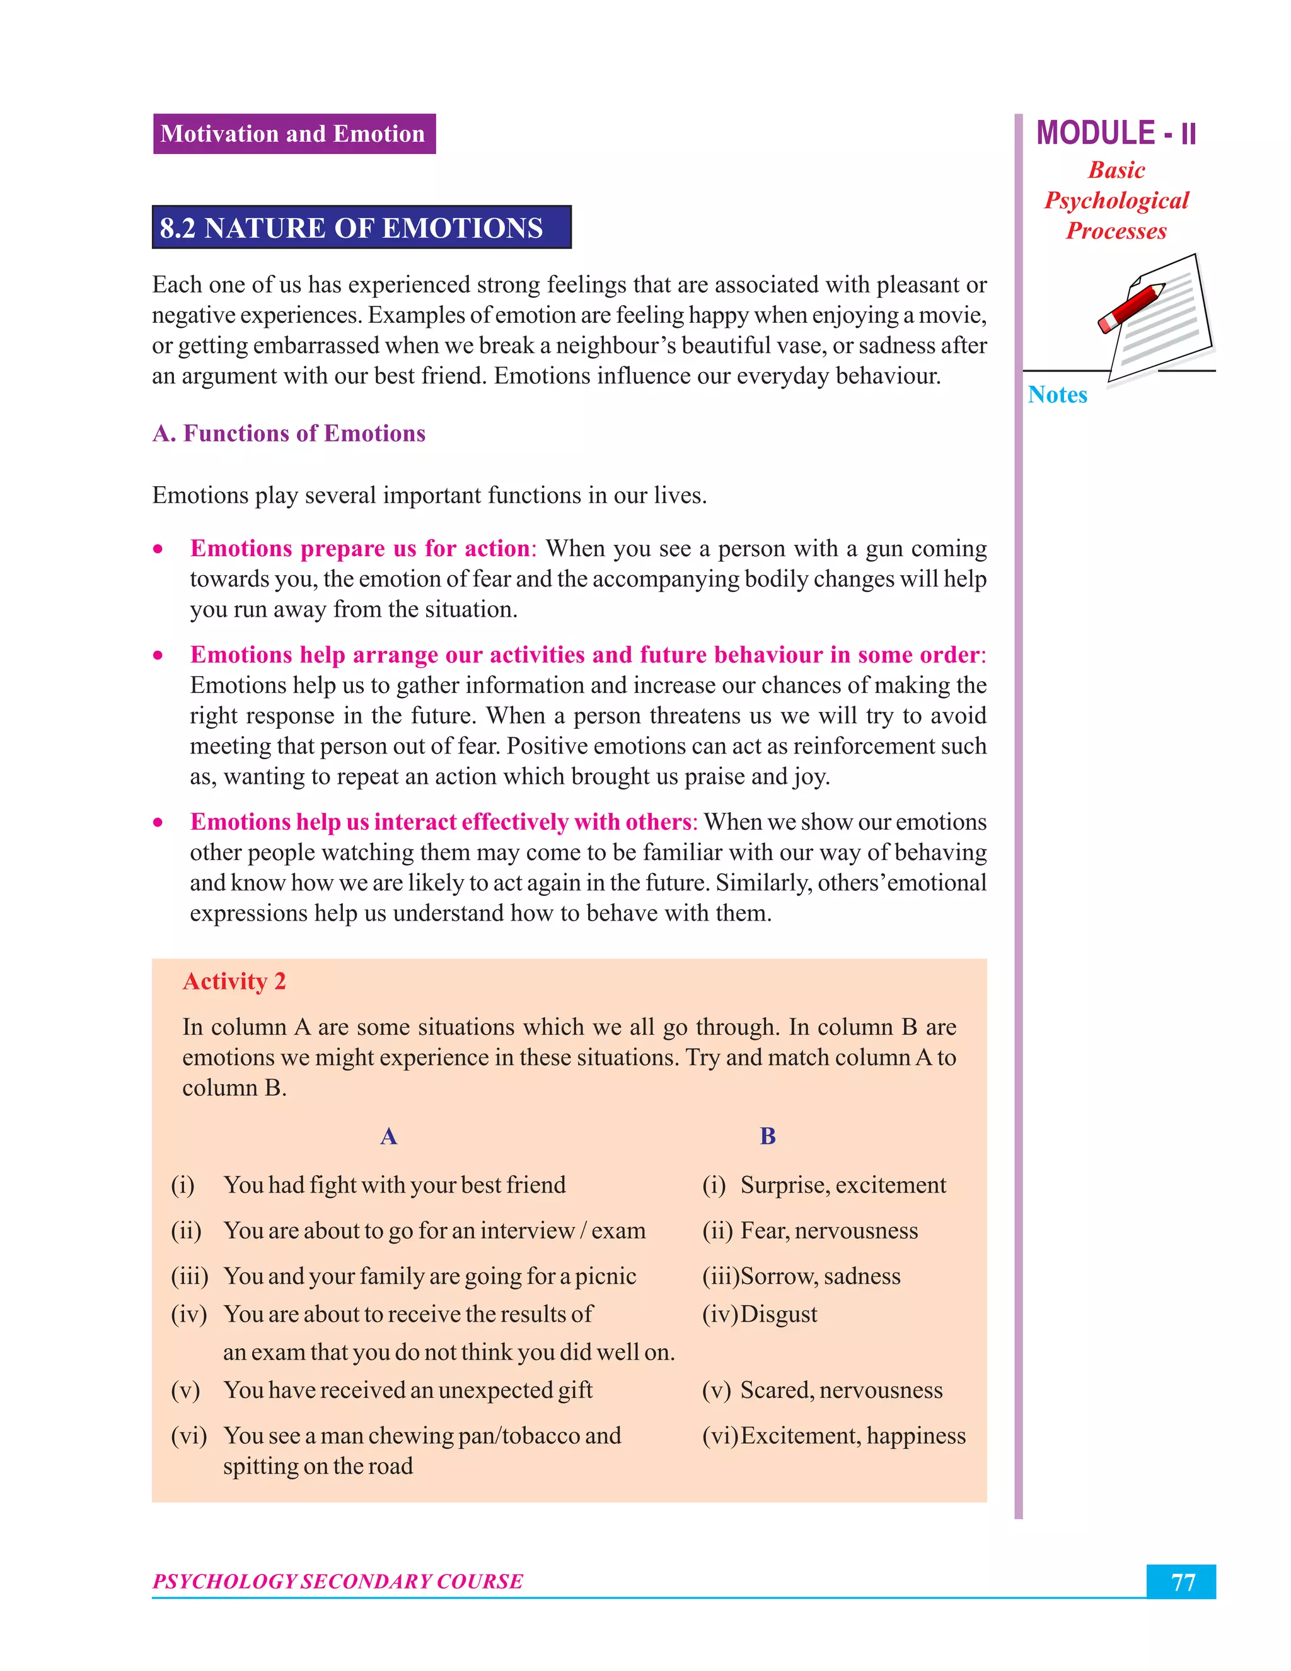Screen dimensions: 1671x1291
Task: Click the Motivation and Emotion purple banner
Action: pyautogui.click(x=294, y=134)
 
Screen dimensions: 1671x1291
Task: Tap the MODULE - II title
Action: pyautogui.click(x=1115, y=134)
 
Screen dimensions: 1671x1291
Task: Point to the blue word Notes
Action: pyautogui.click(x=1057, y=395)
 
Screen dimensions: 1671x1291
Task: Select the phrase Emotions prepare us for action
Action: pyautogui.click(x=359, y=549)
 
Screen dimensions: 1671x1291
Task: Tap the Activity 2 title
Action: pyautogui.click(x=234, y=982)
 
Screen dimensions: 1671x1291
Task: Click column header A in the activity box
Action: pyautogui.click(x=388, y=1136)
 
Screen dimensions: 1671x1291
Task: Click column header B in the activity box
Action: pyautogui.click(x=767, y=1136)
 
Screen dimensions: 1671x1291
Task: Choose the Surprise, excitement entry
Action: pyautogui.click(x=842, y=1185)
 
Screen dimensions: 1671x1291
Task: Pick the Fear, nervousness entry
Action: pyautogui.click(x=828, y=1230)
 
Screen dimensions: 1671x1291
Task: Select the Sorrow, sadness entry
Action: pyautogui.click(x=820, y=1276)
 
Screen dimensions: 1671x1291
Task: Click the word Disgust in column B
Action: pyautogui.click(x=779, y=1315)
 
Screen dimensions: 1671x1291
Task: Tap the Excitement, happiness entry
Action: pyautogui.click(x=852, y=1436)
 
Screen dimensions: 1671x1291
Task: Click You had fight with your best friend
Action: pyautogui.click(x=394, y=1185)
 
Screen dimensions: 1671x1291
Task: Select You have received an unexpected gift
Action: pyautogui.click(x=408, y=1390)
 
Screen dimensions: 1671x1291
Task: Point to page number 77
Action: pyautogui.click(x=1182, y=1582)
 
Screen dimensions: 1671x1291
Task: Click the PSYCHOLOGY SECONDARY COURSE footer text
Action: pyautogui.click(x=337, y=1581)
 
